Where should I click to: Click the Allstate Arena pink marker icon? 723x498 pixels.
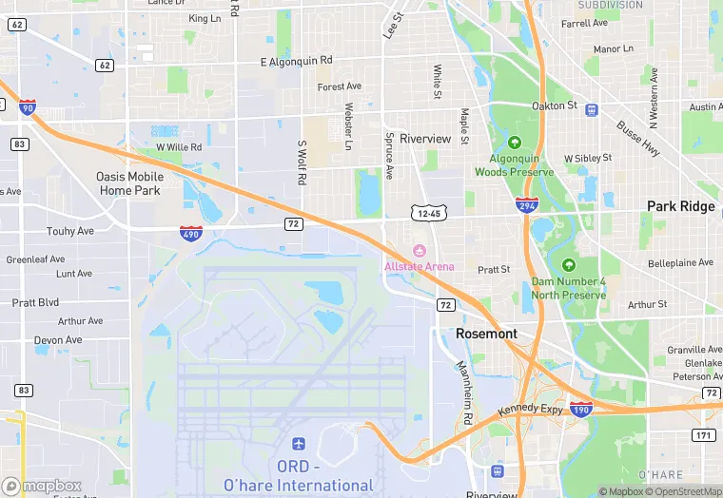tap(419, 251)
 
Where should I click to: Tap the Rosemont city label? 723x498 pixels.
tap(486, 334)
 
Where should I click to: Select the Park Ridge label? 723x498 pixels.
tap(680, 206)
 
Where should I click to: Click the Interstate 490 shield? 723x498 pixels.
tap(190, 232)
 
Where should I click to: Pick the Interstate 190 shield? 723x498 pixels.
tap(580, 409)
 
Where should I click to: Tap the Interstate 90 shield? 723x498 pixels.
tap(27, 107)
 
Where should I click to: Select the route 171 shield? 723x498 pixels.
tap(704, 435)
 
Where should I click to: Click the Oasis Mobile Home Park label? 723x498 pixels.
tap(129, 183)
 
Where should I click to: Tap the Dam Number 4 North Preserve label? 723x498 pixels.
tap(568, 288)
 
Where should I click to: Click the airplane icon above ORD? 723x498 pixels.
tap(299, 444)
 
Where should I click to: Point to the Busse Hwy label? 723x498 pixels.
tap(637, 137)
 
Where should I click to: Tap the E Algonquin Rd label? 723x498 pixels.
tap(297, 60)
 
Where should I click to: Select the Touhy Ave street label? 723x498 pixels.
tap(70, 231)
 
